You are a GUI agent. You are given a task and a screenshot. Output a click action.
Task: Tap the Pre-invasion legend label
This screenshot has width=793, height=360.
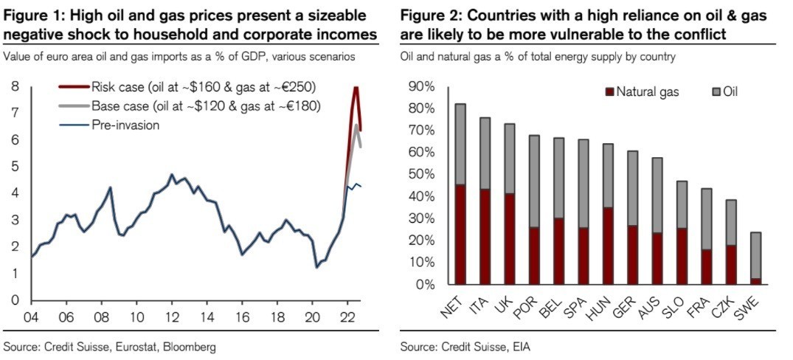[125, 125]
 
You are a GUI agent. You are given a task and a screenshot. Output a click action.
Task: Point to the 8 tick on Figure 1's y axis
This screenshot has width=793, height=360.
[15, 87]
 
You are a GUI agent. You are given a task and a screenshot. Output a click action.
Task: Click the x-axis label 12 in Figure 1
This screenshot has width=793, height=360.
[171, 319]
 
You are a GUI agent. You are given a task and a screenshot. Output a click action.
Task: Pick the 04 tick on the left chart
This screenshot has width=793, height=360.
[32, 319]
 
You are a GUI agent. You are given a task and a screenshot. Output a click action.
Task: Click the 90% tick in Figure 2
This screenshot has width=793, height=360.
[422, 87]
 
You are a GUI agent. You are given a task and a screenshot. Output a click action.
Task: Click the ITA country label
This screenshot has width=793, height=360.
[479, 305]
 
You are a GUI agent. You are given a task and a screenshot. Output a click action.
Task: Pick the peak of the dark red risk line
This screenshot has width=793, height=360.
[356, 88]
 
